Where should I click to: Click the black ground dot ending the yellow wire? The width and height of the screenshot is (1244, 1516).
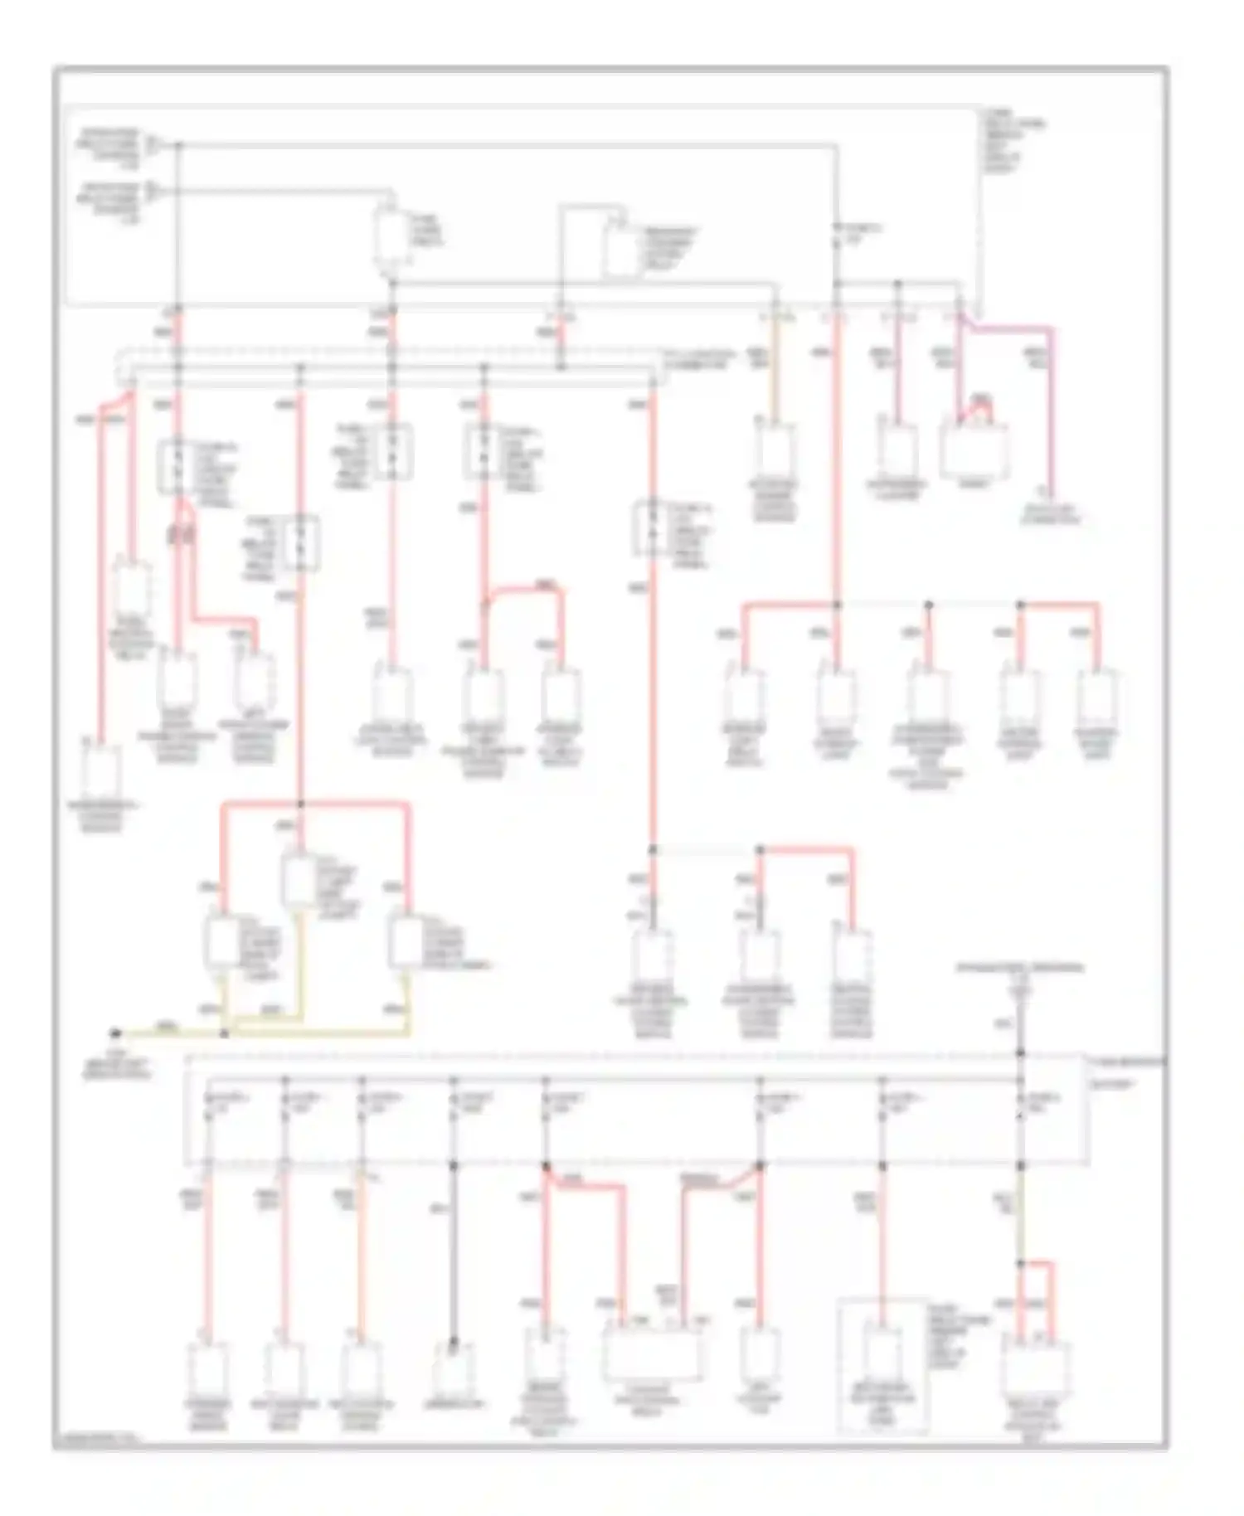tap(116, 1033)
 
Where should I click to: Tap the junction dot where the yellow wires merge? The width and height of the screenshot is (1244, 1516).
tap(224, 1034)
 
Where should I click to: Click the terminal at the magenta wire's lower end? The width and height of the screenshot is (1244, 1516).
tap(1051, 492)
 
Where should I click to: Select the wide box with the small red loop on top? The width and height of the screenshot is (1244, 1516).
tap(974, 452)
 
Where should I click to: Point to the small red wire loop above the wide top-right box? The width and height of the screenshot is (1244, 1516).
tap(981, 404)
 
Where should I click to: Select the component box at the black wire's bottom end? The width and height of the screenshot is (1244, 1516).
tap(454, 1370)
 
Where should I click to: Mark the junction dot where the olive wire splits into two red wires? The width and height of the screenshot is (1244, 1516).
tap(1021, 1263)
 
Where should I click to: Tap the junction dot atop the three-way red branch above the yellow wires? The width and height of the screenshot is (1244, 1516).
tap(300, 804)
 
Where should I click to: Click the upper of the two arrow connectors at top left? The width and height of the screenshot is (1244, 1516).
tap(153, 145)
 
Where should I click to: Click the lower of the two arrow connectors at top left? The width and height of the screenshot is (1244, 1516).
tap(153, 192)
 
